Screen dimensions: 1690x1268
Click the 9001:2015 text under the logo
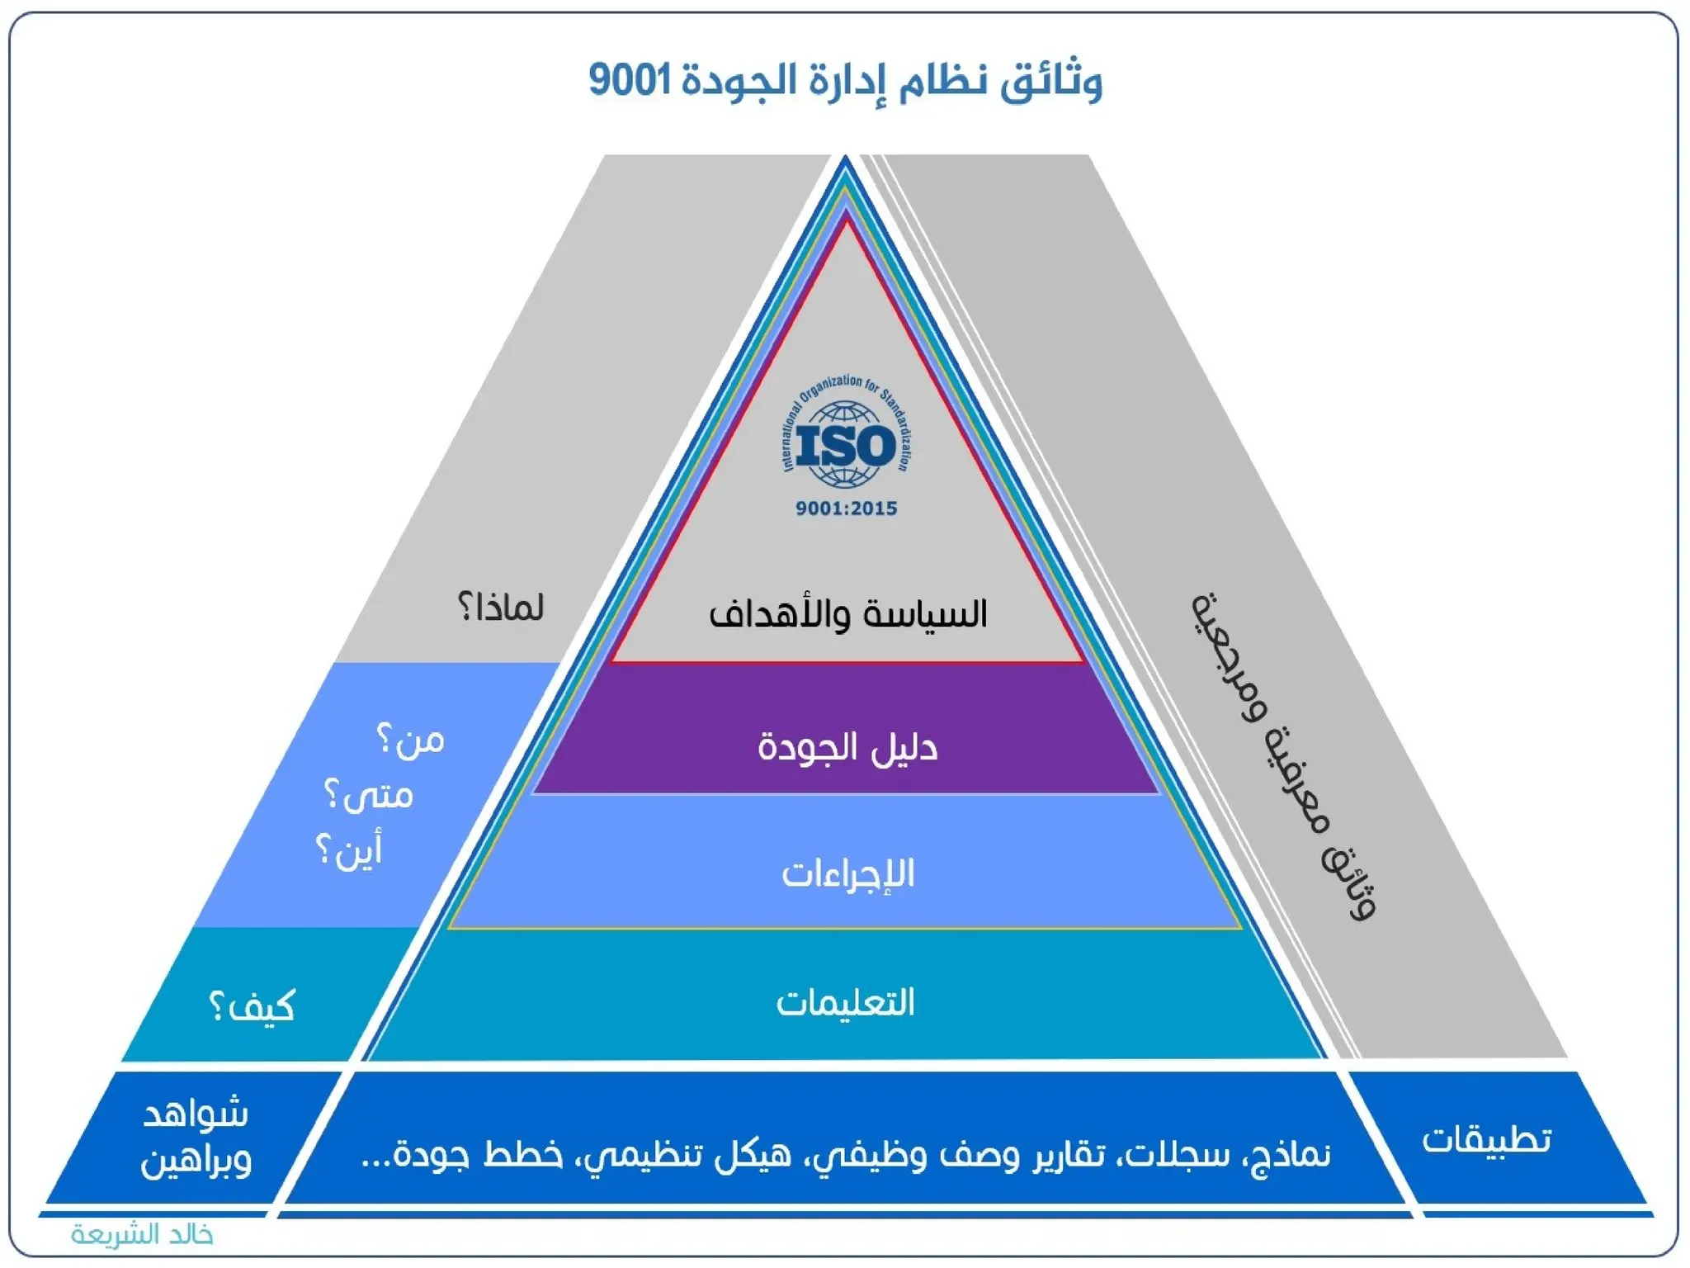[x=846, y=509]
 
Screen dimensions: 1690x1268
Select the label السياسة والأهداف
[x=847, y=614]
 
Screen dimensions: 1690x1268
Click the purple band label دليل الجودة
[x=847, y=747]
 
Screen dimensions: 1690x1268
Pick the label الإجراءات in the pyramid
[x=847, y=873]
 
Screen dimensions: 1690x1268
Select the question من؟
[x=411, y=740]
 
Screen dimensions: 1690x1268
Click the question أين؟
[x=350, y=850]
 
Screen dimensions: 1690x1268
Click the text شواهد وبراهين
[x=196, y=1138]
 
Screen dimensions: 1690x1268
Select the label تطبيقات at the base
[x=1486, y=1140]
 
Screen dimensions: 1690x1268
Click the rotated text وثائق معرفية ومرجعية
[x=1283, y=755]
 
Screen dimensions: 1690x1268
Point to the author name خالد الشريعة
[x=142, y=1235]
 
